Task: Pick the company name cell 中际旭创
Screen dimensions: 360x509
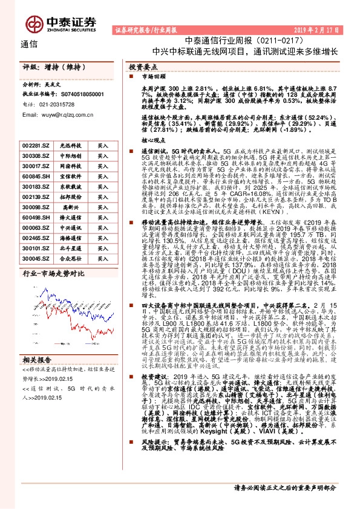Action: [67, 155]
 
